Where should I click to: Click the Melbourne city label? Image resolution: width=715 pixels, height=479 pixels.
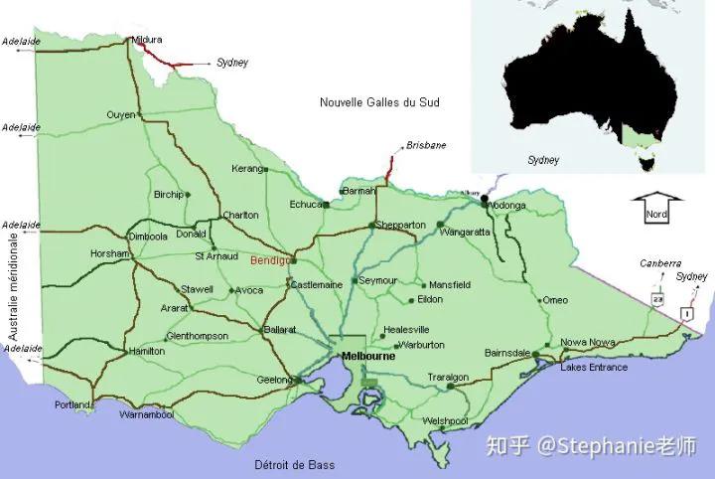[367, 356]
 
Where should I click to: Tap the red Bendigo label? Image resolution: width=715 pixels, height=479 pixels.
[270, 259]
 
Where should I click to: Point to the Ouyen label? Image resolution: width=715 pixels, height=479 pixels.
[120, 115]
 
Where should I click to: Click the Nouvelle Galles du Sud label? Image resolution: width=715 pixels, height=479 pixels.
[379, 102]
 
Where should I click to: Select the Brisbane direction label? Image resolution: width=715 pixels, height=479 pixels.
[426, 146]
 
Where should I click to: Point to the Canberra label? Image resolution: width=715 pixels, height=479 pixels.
[660, 264]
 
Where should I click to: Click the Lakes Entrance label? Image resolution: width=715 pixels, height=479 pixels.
[594, 368]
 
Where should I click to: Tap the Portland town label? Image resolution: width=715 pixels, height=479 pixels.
[73, 405]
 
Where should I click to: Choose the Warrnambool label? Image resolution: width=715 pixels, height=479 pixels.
[146, 414]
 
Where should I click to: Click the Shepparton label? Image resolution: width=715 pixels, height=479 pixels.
[401, 225]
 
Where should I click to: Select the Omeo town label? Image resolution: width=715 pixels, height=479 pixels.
[555, 300]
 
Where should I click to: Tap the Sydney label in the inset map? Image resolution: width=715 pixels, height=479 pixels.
[543, 160]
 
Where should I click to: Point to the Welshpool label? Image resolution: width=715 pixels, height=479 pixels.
[445, 421]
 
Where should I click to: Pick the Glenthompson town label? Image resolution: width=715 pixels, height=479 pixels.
[199, 336]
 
